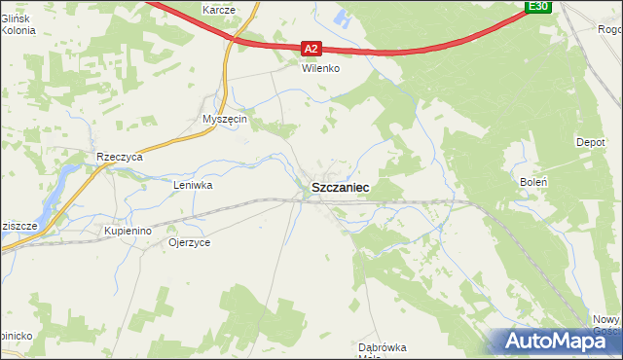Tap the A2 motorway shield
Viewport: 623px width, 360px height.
click(x=311, y=47)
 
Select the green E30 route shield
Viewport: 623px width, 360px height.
click(x=538, y=7)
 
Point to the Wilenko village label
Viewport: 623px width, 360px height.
click(x=318, y=69)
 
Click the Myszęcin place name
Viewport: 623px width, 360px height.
click(x=226, y=119)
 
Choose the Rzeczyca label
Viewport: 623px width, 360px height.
click(x=120, y=156)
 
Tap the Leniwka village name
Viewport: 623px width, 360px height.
click(x=193, y=184)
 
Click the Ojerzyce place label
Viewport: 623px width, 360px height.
click(x=190, y=241)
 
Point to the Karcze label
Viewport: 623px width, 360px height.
click(x=220, y=9)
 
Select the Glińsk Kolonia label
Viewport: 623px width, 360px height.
click(x=18, y=24)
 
